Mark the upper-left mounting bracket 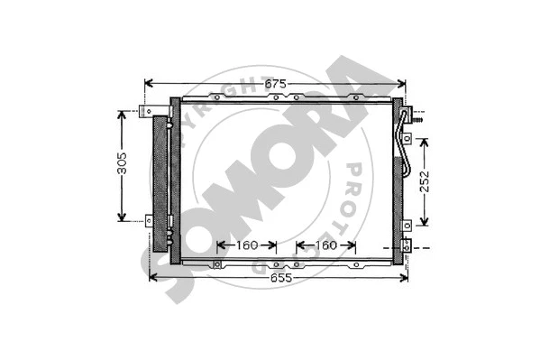point(151,113)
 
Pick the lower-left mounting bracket point(151,218)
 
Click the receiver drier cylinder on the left point(163,180)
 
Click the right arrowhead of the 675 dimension point(401,84)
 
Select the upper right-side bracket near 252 point(407,138)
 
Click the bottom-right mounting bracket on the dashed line point(407,245)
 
